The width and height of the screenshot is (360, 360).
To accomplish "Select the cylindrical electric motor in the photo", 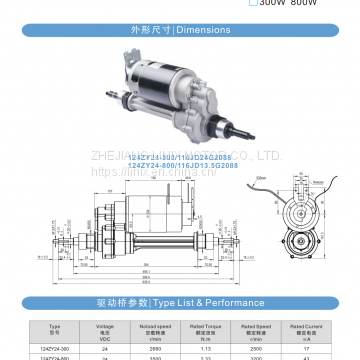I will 156,76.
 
